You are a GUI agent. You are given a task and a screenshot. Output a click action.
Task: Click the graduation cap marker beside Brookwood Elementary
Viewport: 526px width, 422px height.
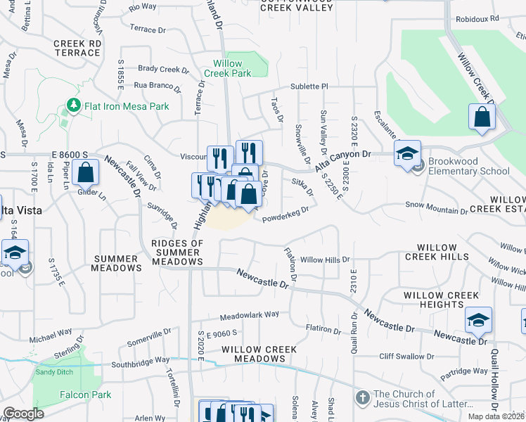pos(407,153)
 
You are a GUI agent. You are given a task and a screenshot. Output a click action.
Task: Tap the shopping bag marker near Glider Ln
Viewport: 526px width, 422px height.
pos(85,172)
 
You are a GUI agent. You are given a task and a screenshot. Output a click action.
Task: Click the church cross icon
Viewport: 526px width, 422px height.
pos(363,398)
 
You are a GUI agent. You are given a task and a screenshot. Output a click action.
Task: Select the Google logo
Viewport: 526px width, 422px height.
pos(23,414)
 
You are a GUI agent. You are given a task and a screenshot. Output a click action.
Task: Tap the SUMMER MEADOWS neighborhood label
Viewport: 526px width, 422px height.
pos(117,262)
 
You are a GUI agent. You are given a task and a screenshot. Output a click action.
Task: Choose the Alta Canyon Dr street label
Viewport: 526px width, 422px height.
pos(342,160)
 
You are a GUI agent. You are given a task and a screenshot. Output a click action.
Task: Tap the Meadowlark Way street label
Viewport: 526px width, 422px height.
pos(249,314)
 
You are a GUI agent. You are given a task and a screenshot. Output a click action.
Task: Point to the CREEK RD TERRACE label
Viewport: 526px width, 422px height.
pos(77,48)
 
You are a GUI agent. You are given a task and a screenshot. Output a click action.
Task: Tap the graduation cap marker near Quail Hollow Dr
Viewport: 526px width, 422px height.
pos(478,321)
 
